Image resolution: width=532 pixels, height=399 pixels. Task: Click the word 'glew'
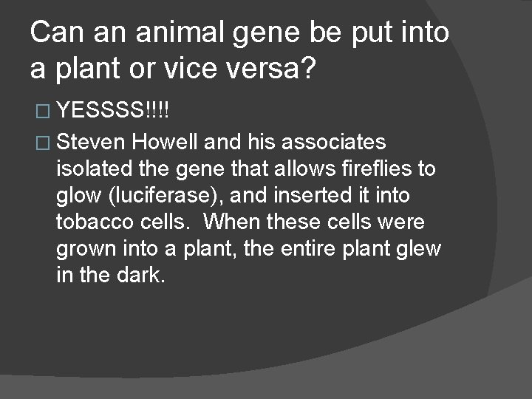[421, 249]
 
